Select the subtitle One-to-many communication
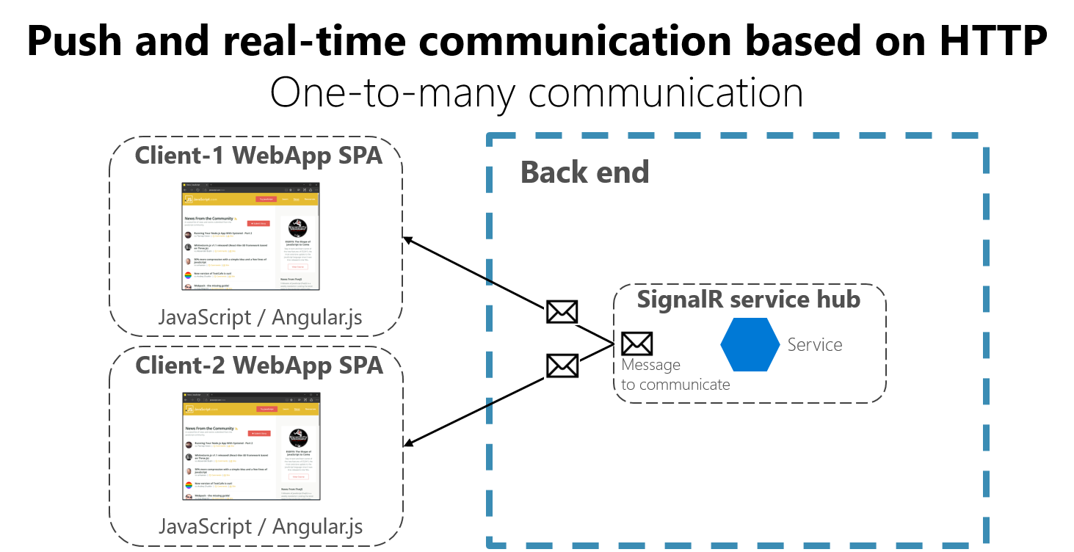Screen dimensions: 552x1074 click(x=536, y=93)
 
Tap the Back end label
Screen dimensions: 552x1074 click(x=584, y=172)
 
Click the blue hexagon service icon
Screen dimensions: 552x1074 click(x=750, y=344)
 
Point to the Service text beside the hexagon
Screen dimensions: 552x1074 click(x=814, y=344)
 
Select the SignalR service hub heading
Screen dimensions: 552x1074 click(x=748, y=299)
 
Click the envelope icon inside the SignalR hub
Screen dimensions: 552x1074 click(x=636, y=344)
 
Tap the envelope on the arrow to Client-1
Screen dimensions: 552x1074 click(x=562, y=312)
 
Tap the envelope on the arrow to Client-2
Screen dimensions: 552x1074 click(x=562, y=365)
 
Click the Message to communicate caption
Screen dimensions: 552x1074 click(x=675, y=374)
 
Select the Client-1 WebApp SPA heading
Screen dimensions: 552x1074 click(x=258, y=156)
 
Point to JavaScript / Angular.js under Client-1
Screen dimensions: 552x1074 click(x=260, y=318)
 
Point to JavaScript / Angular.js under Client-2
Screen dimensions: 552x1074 click(x=260, y=526)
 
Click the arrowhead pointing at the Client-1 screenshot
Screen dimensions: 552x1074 click(x=407, y=240)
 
